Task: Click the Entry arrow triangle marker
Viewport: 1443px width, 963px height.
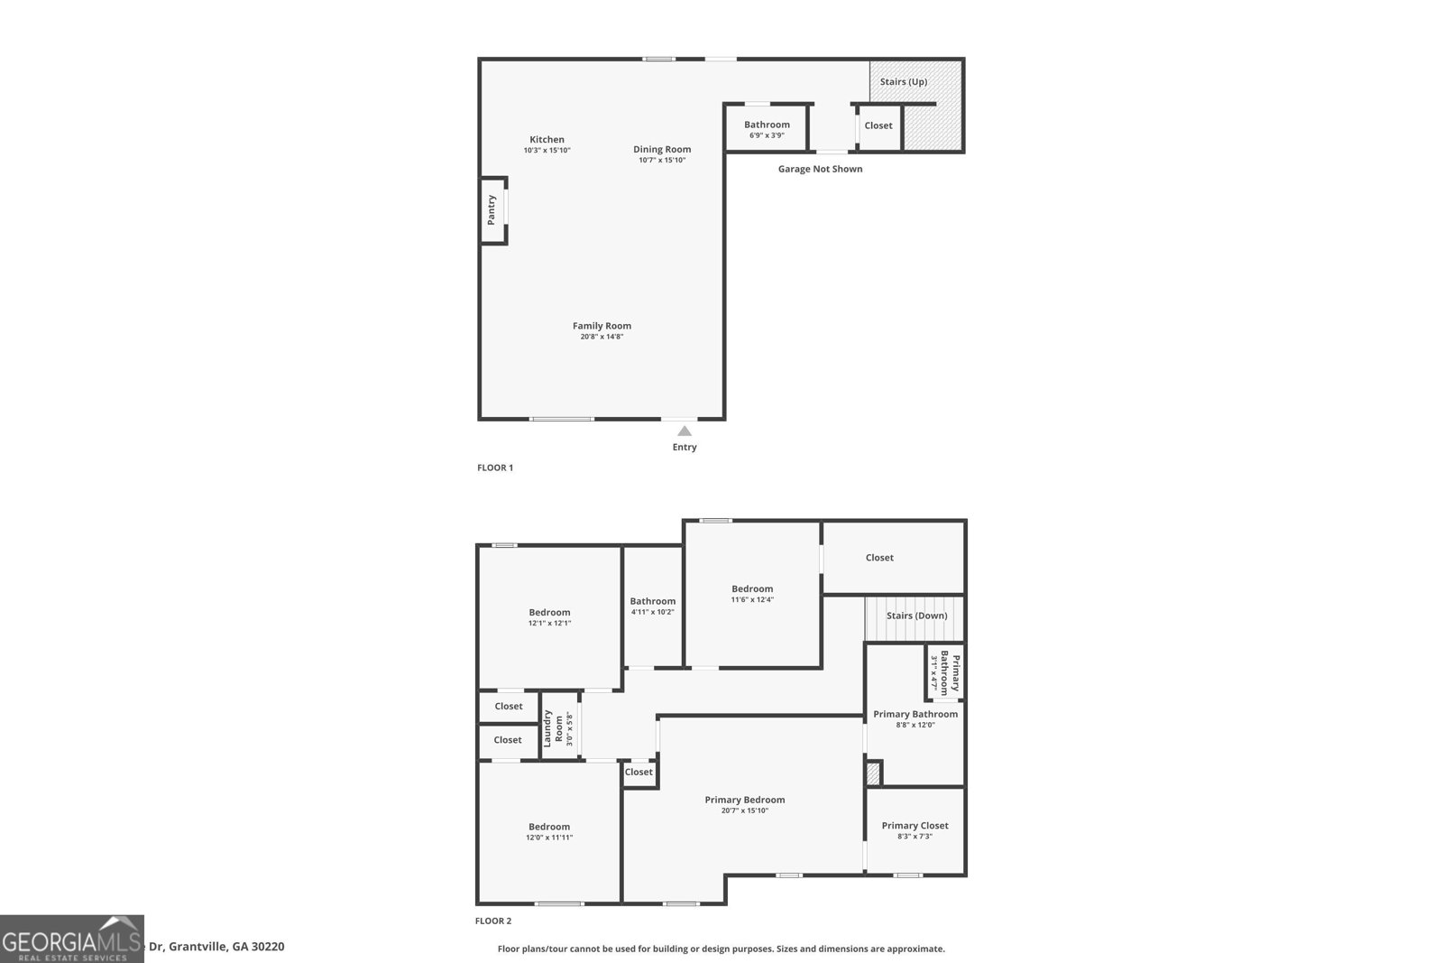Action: coord(685,431)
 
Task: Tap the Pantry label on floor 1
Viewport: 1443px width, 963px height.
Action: coord(492,209)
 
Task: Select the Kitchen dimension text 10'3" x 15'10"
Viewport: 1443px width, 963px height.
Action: coord(547,151)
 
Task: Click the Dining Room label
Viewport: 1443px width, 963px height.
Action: coord(662,149)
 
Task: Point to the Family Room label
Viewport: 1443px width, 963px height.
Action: coord(602,326)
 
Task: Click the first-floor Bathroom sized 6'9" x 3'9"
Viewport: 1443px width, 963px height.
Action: coord(767,129)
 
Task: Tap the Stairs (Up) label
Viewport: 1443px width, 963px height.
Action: coord(904,81)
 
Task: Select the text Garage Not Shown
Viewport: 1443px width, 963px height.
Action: coord(820,169)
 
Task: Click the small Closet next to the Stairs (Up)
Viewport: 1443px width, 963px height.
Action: coord(878,125)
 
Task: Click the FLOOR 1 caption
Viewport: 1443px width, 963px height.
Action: coord(495,468)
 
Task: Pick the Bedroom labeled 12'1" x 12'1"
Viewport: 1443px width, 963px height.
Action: coord(549,616)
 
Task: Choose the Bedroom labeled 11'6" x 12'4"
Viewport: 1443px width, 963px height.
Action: coord(752,593)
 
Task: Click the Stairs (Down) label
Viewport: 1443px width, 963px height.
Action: coord(916,616)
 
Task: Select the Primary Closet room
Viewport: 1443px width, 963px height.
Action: coord(915,829)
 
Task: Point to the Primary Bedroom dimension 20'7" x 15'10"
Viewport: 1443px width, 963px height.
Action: coord(745,810)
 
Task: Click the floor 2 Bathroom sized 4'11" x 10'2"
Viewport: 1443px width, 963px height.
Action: coord(652,606)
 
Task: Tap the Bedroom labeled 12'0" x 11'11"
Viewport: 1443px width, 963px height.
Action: coord(549,831)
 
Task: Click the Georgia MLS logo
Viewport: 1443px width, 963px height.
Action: coord(71,939)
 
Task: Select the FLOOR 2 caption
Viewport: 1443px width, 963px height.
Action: coord(493,921)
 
